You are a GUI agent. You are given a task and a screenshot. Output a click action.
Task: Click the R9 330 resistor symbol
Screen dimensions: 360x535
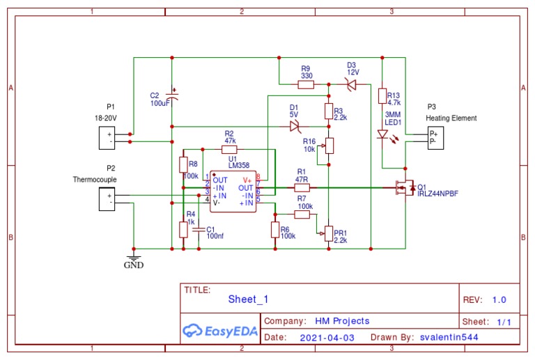point(306,84)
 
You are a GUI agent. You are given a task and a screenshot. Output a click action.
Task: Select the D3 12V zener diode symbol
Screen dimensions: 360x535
point(350,84)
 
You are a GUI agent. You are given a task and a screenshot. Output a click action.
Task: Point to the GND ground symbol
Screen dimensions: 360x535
point(133,257)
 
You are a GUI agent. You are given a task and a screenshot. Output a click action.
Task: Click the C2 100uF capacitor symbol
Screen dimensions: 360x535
point(172,97)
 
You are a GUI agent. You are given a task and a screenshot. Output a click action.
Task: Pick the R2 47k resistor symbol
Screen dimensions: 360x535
point(229,149)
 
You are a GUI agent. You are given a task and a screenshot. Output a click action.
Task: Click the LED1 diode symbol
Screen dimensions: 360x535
point(382,134)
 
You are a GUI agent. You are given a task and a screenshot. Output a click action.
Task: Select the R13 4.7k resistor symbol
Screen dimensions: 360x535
point(382,96)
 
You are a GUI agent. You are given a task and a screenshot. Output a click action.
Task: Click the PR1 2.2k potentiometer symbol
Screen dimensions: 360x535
point(329,233)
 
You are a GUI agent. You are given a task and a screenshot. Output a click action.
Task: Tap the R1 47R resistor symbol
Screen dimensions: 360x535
point(302,187)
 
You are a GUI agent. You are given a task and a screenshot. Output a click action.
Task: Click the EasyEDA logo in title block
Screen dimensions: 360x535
point(219,330)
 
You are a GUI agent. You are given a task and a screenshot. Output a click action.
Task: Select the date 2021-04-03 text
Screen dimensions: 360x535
point(327,337)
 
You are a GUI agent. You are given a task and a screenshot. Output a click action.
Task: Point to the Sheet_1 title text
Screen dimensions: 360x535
point(248,299)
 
